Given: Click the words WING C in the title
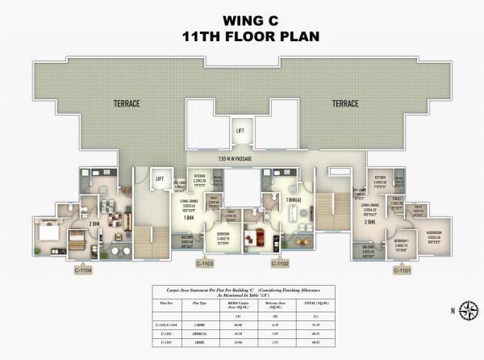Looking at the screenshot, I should (241, 20).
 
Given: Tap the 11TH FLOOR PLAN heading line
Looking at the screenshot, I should (241, 36).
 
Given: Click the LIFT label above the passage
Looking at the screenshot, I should (240, 130).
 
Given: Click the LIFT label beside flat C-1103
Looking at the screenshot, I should (160, 179).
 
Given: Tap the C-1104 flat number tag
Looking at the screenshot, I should (83, 271).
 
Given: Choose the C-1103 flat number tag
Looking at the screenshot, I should (205, 263).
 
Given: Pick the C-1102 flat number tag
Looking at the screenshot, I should (280, 263).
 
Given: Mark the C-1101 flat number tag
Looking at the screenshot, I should (401, 270).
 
